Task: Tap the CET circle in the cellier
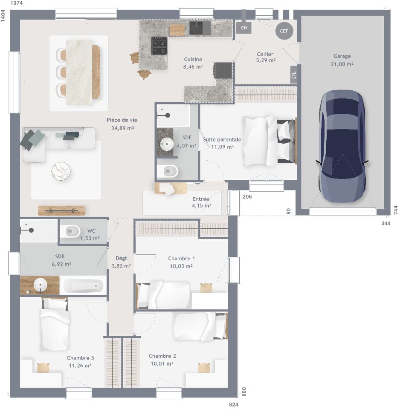pos(284,31)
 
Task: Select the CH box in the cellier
pos(244,28)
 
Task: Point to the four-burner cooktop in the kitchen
pos(159,46)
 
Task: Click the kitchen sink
pos(197,28)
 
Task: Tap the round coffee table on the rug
pos(61,171)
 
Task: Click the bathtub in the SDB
pos(82,285)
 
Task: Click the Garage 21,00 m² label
pos(342,60)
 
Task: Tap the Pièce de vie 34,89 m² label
pos(122,124)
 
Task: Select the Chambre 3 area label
pos(80,362)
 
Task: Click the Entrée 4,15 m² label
pos(201,202)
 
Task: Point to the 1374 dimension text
pos(16,3)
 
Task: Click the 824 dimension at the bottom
pos(233,404)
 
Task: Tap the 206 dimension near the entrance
pos(246,196)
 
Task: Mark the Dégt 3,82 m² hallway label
pos(121,262)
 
